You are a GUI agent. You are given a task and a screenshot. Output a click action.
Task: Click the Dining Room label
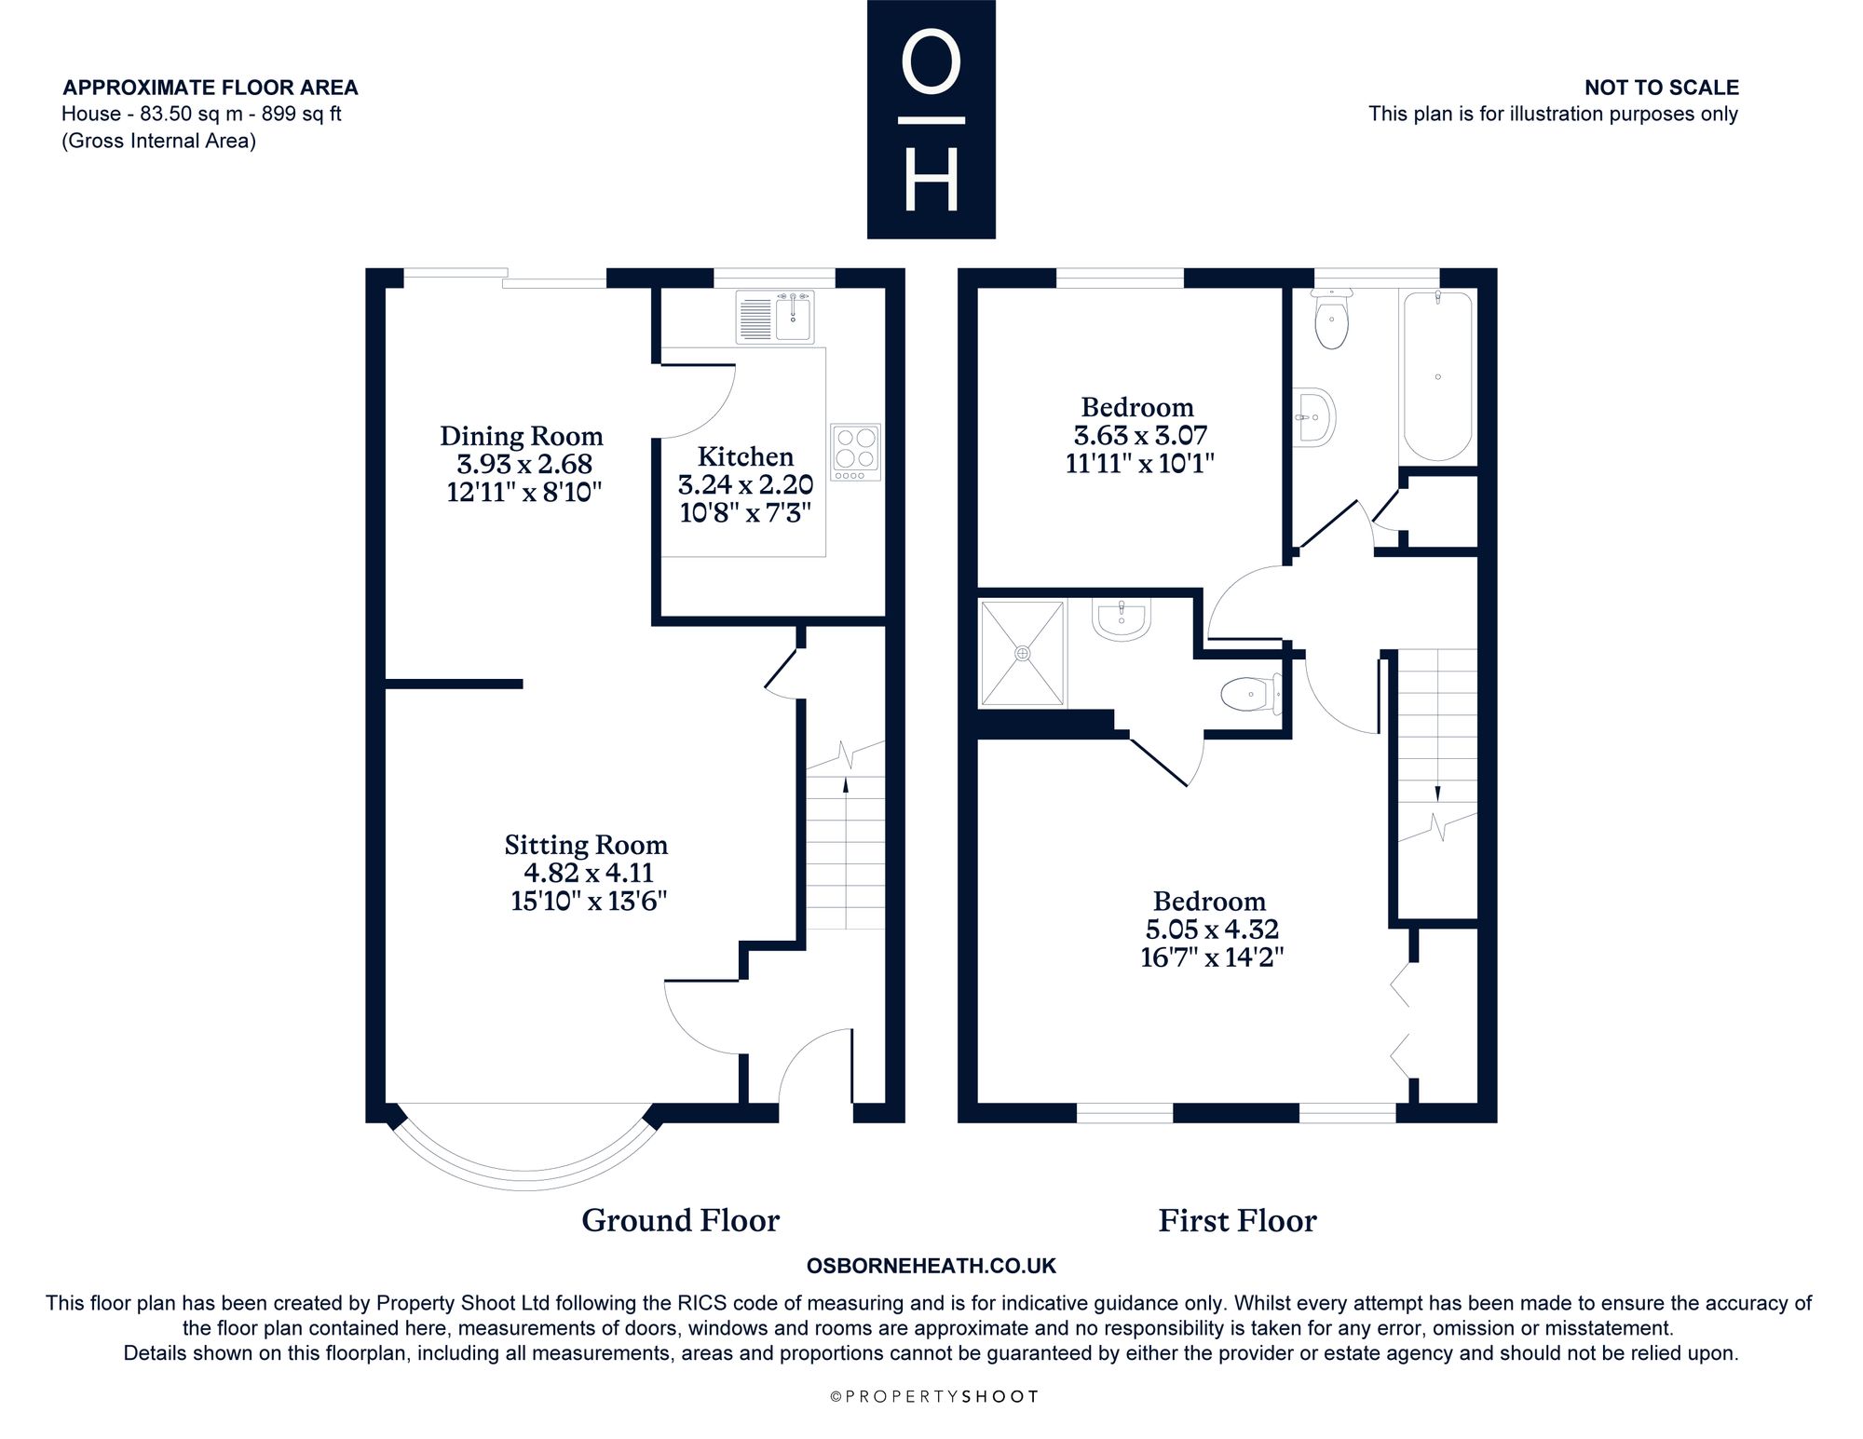click(x=522, y=436)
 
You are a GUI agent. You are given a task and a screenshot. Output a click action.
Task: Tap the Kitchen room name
click(x=745, y=456)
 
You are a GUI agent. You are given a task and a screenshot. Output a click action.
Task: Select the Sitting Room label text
click(x=587, y=845)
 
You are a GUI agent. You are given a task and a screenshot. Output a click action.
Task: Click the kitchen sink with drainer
click(x=775, y=317)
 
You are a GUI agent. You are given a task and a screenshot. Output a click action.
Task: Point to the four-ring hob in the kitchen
click(x=856, y=454)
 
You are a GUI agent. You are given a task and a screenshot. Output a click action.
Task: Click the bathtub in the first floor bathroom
click(x=1438, y=375)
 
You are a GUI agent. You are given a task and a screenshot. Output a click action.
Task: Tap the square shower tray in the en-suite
click(x=1023, y=653)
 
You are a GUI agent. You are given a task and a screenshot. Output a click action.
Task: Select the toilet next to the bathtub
click(x=1331, y=319)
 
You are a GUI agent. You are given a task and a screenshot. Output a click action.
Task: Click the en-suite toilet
click(x=1250, y=694)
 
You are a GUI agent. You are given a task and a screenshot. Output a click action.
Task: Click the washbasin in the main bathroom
click(x=1314, y=417)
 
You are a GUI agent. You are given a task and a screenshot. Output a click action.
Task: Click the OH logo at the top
click(x=931, y=119)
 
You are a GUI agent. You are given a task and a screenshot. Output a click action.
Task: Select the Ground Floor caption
click(x=681, y=1220)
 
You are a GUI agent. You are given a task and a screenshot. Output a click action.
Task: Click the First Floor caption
click(x=1238, y=1220)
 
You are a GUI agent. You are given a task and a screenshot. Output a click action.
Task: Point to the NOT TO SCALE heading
click(x=1662, y=88)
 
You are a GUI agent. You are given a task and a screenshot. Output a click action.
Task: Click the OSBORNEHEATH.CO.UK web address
click(x=931, y=1266)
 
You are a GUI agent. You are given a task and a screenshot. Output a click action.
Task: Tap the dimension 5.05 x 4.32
click(x=1212, y=929)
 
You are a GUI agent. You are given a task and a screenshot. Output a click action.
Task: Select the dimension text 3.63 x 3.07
click(x=1140, y=435)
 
